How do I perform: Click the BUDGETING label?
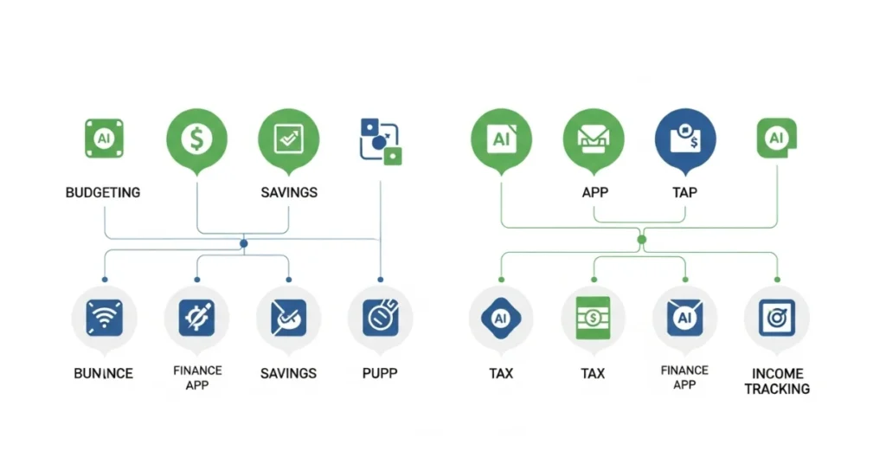click(103, 191)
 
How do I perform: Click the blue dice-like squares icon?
click(381, 139)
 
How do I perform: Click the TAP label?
click(686, 191)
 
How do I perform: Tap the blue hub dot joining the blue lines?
click(243, 244)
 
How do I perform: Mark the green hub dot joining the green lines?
click(641, 239)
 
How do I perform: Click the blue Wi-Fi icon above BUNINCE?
click(104, 319)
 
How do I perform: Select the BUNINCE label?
click(103, 373)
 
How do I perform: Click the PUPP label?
click(380, 373)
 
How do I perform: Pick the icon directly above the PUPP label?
click(380, 319)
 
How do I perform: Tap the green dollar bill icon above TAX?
click(593, 319)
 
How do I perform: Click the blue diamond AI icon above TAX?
click(500, 319)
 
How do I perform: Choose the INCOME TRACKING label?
click(776, 381)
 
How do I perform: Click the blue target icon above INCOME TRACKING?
click(776, 319)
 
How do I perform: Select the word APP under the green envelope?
click(594, 191)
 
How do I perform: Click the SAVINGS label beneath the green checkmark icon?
click(288, 191)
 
